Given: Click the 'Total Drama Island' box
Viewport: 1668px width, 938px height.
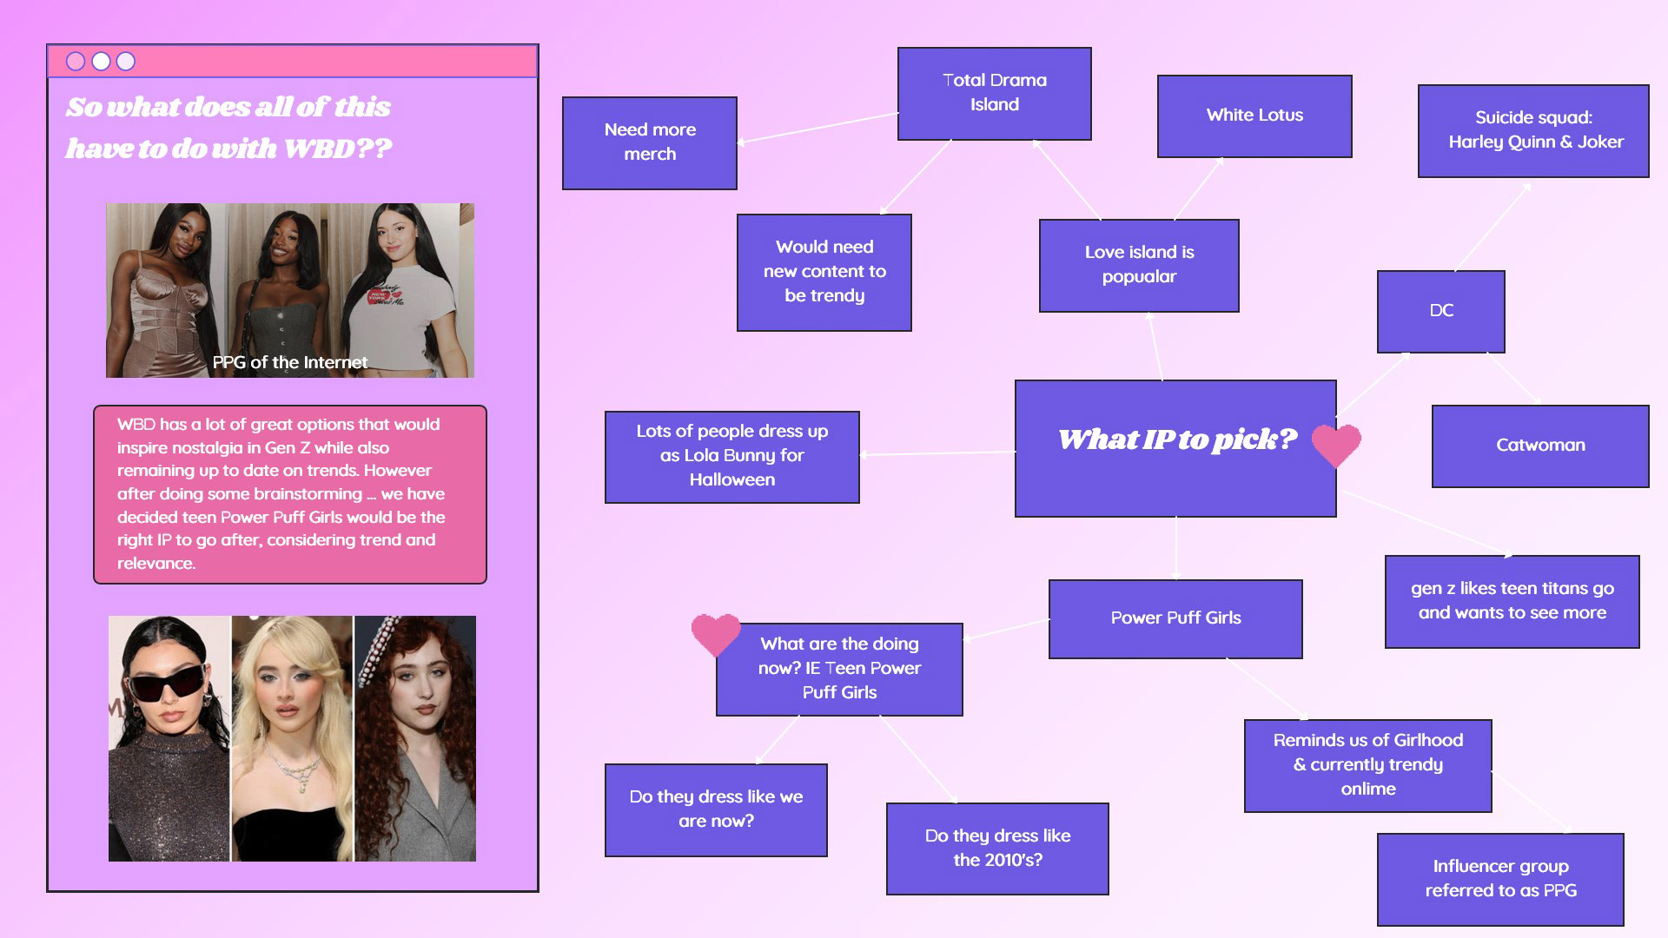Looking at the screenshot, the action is (x=994, y=93).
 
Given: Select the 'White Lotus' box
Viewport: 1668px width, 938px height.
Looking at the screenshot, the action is (x=1254, y=116).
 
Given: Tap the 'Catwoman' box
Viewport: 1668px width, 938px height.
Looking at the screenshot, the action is (x=1539, y=446).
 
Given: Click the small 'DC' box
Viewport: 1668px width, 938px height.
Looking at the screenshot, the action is (x=1440, y=311).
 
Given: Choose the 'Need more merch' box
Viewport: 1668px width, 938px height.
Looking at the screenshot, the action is (x=649, y=142).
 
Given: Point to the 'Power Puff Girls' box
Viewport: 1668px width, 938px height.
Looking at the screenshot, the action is (x=1175, y=618).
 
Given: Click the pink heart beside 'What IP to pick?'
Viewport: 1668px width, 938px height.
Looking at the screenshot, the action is (x=1335, y=445).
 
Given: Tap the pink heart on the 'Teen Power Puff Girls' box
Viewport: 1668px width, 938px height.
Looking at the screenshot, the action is (x=715, y=634).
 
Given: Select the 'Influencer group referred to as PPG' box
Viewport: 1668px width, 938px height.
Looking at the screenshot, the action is (x=1499, y=879).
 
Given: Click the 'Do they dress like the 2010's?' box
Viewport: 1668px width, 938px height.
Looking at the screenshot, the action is (x=996, y=849).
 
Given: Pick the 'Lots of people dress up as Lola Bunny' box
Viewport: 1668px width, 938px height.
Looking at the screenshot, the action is (x=731, y=456).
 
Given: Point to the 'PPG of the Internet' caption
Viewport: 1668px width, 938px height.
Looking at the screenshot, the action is (x=289, y=363).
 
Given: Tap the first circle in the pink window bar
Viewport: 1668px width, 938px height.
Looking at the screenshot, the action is (x=76, y=62).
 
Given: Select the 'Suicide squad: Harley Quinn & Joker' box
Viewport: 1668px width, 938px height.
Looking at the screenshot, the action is (x=1532, y=130).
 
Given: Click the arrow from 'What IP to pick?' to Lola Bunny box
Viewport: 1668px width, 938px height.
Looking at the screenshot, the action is (x=938, y=453).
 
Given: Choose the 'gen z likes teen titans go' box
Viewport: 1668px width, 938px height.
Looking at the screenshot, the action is (x=1511, y=601).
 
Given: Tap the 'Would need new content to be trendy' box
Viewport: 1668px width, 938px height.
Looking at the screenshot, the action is (x=824, y=272).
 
